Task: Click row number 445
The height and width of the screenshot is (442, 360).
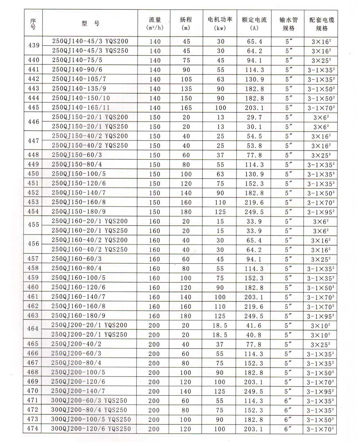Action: (x=33, y=107)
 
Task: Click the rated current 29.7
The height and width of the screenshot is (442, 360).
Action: (x=254, y=117)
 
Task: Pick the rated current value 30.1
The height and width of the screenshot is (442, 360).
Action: (x=254, y=127)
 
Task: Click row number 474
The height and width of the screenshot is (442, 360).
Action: (x=33, y=428)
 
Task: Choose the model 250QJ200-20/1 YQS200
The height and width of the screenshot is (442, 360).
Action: (x=89, y=325)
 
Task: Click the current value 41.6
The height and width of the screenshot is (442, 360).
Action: (x=254, y=325)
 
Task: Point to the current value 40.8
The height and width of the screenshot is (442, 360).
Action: (x=254, y=334)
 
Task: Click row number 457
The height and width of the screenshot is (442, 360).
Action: (x=33, y=259)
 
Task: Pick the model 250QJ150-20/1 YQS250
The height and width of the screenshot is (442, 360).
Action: (x=90, y=127)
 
